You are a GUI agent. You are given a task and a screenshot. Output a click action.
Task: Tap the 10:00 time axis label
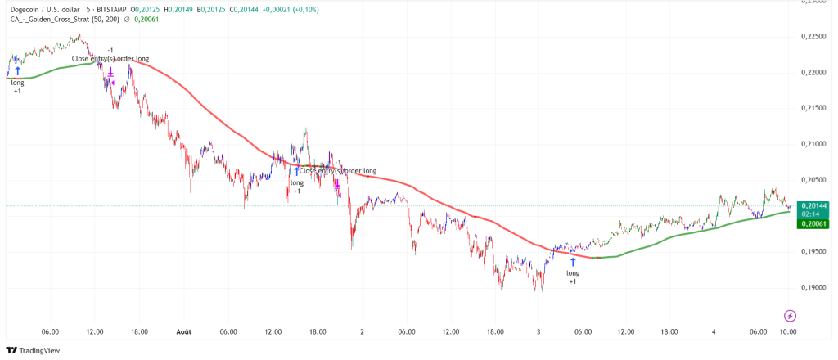pos(788,331)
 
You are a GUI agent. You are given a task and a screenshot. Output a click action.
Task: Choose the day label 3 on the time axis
pos(538,331)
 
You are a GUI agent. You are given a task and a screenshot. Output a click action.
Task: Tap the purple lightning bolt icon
pos(790,315)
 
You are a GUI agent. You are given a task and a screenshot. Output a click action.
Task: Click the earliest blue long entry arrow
pos(17,71)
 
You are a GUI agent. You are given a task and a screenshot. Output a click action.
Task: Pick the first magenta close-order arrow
pos(110,73)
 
